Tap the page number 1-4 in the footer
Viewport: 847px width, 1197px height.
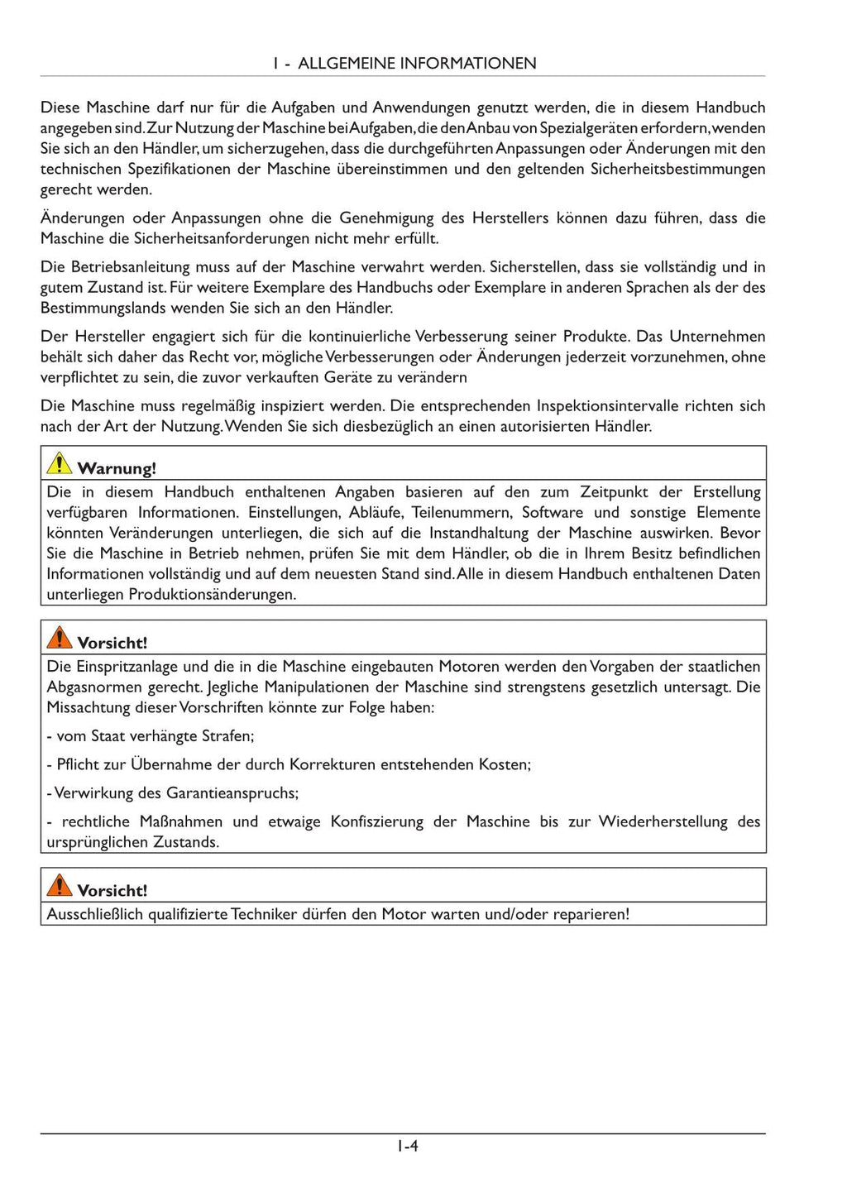pyautogui.click(x=407, y=1146)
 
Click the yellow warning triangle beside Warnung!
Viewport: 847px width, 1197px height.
pyautogui.click(x=60, y=463)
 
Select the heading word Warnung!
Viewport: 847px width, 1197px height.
pyautogui.click(x=117, y=468)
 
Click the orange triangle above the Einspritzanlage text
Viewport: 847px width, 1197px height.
pyautogui.click(x=60, y=637)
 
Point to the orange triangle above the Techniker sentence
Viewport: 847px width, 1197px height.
pyautogui.click(x=60, y=885)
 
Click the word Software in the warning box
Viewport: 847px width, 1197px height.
pyautogui.click(x=553, y=512)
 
